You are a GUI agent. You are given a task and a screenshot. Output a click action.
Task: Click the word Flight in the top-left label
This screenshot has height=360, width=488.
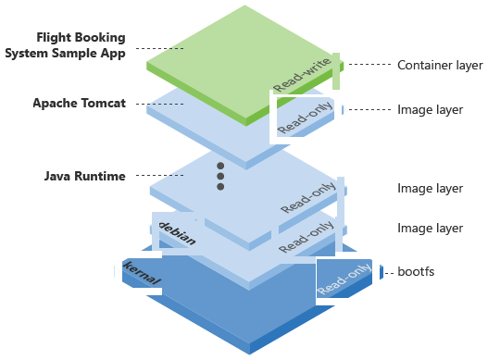(x=55, y=38)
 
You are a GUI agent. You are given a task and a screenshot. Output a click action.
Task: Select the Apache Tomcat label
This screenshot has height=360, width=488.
(x=81, y=103)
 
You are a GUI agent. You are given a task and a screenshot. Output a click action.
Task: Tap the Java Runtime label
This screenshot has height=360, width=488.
(x=85, y=176)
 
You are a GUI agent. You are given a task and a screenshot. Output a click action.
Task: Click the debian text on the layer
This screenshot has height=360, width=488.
(x=178, y=232)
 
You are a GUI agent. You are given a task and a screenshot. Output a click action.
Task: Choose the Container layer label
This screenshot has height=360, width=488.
(x=440, y=65)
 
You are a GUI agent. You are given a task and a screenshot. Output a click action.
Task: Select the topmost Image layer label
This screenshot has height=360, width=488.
(x=430, y=109)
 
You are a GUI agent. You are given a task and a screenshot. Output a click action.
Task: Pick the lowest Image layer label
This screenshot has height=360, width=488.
(x=430, y=228)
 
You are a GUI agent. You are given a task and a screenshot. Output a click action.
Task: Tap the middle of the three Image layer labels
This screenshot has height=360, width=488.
(x=430, y=189)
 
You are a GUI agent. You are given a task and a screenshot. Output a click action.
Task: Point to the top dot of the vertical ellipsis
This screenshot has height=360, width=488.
(x=220, y=167)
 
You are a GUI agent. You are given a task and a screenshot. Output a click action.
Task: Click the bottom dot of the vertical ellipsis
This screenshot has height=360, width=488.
(x=220, y=187)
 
